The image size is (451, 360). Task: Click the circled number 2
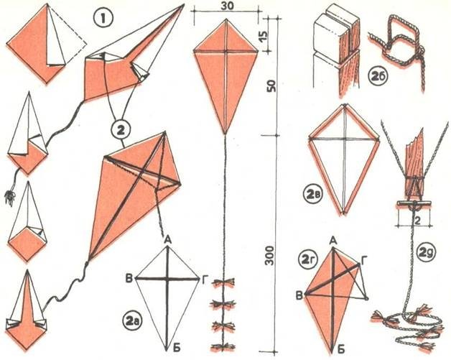coord(120,130)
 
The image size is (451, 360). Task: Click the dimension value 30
coord(228,6)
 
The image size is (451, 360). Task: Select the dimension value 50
coord(271,86)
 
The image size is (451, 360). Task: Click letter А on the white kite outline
coord(168,240)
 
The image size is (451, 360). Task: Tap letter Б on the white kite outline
coord(177,348)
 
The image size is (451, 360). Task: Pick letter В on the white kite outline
coord(129,279)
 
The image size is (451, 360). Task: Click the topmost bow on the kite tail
coord(223,282)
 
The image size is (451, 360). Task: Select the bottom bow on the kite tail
coord(223,347)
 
